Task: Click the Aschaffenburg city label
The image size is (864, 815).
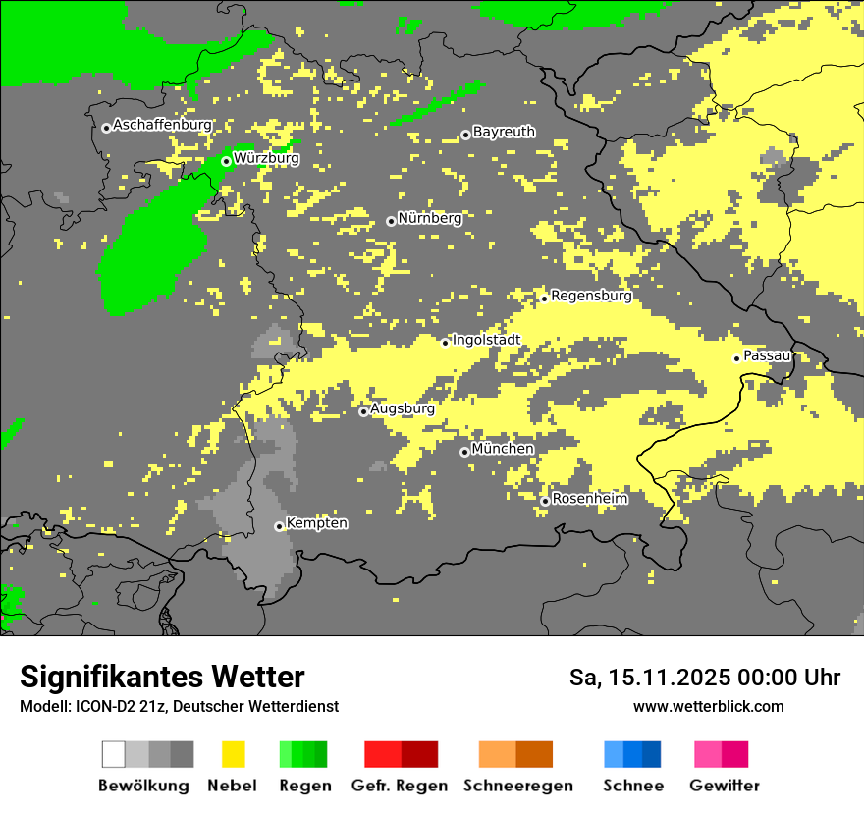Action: pos(162,125)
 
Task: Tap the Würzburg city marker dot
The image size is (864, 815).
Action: pos(226,161)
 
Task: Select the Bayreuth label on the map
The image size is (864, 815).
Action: pos(504,132)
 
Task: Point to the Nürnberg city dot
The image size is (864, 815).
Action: pos(391,221)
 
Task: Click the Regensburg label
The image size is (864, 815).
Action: pos(591,295)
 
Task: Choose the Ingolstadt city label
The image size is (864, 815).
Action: pos(486,340)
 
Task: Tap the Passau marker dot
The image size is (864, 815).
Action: pos(736,358)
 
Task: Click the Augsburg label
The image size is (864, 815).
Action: pos(403,408)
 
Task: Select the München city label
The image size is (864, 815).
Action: pos(503,449)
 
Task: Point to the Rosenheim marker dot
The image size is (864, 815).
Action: pos(545,502)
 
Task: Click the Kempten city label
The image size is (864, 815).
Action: pos(316,523)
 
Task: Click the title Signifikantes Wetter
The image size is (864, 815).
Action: pos(162,677)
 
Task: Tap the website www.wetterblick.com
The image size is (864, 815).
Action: pos(708,706)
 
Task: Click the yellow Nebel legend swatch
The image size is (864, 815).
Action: pos(233,754)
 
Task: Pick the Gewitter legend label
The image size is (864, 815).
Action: pos(724,786)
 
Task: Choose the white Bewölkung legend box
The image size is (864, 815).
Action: pos(114,754)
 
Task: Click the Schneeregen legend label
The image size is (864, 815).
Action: pos(517,786)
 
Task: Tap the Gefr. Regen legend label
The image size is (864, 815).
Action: pos(400,786)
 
